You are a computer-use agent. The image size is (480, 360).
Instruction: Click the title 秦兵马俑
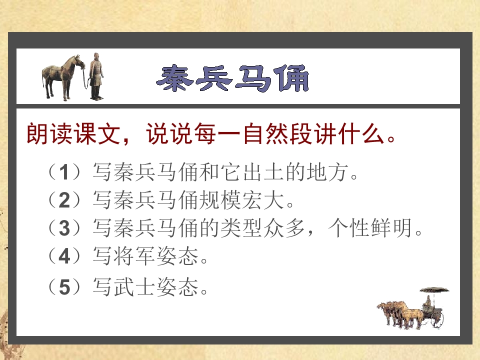(x=232, y=78)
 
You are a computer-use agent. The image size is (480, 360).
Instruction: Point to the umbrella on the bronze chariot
(x=434, y=290)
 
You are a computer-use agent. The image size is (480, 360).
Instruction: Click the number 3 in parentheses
(x=63, y=228)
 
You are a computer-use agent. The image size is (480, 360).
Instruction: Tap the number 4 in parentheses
(x=63, y=256)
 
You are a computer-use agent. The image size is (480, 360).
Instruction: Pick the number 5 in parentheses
(x=63, y=287)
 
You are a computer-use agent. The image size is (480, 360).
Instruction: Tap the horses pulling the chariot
(x=400, y=314)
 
